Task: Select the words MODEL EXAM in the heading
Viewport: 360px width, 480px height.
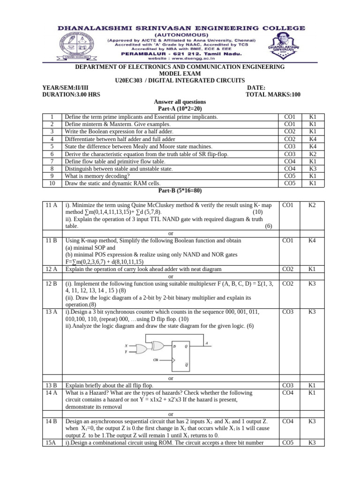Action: click(180, 74)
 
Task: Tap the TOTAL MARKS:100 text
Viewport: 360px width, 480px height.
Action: click(273, 94)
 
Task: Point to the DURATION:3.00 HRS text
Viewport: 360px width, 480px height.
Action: click(71, 94)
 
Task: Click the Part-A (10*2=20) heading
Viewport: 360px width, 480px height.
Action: click(180, 108)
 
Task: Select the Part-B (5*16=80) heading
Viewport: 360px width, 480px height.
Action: click(180, 191)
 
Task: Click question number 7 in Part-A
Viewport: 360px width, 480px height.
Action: click(52, 161)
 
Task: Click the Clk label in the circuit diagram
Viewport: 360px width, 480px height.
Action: click(156, 360)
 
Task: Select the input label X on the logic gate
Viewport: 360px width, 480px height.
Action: click(126, 345)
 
